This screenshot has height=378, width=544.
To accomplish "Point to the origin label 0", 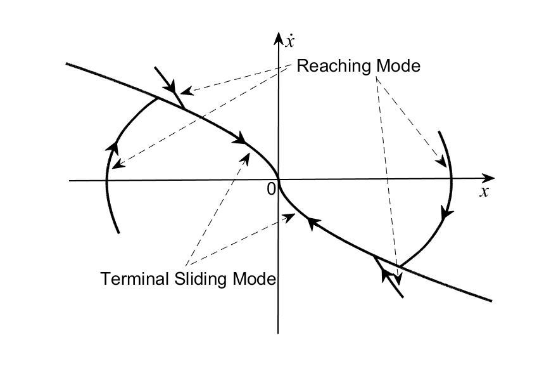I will tap(272, 189).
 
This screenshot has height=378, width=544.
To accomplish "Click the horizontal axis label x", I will tap(484, 192).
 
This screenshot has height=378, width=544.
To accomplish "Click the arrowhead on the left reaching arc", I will tap(113, 147).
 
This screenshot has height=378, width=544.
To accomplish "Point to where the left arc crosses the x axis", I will tap(106, 181).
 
